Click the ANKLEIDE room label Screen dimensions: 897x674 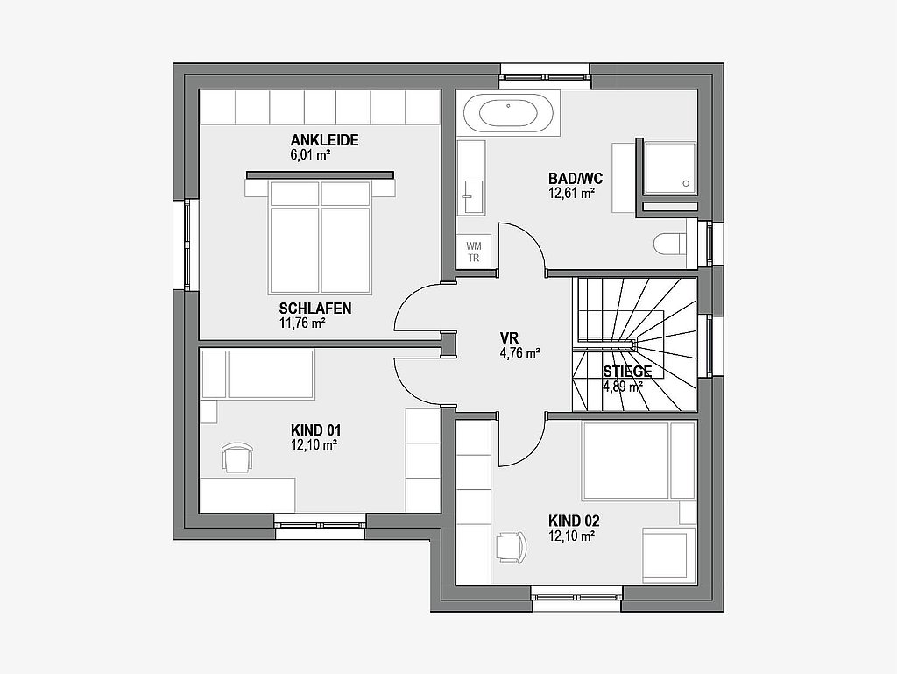[324, 140]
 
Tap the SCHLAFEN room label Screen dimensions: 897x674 [315, 309]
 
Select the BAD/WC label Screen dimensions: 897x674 [576, 179]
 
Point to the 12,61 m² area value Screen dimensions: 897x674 [571, 194]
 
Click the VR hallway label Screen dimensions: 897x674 [509, 338]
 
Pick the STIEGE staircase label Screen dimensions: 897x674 [627, 372]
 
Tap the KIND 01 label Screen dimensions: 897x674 [315, 430]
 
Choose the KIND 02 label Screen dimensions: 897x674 [574, 521]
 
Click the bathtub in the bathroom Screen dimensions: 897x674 [509, 114]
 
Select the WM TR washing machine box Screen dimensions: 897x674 [474, 252]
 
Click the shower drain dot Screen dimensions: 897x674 [687, 184]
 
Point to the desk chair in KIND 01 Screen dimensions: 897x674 [237, 458]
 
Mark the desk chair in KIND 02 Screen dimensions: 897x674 [511, 548]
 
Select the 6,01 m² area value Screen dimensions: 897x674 [311, 154]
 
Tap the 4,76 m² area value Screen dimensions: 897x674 [520, 353]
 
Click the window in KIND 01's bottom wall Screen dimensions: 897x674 [321, 526]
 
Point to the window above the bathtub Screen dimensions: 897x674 [545, 76]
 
